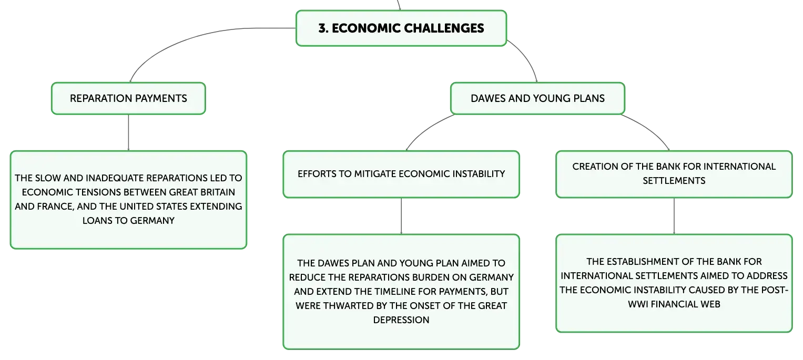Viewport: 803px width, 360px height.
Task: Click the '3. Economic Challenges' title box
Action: [x=401, y=28]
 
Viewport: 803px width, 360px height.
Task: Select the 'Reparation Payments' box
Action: [x=128, y=98]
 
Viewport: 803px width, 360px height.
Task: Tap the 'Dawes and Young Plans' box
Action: [x=537, y=98]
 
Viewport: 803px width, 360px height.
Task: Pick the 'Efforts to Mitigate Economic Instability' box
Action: [x=401, y=174]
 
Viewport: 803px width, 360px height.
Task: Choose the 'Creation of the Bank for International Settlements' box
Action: [x=674, y=174]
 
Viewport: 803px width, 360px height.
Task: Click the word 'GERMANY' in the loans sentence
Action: [x=153, y=221]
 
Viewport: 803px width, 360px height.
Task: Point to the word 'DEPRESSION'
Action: [x=401, y=320]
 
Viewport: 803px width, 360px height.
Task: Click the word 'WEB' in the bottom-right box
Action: [x=710, y=304]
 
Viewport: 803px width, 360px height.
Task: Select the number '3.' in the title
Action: [x=323, y=28]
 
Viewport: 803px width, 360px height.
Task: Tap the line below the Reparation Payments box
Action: [x=128, y=132]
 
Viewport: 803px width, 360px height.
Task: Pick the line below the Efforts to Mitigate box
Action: [x=401, y=216]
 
